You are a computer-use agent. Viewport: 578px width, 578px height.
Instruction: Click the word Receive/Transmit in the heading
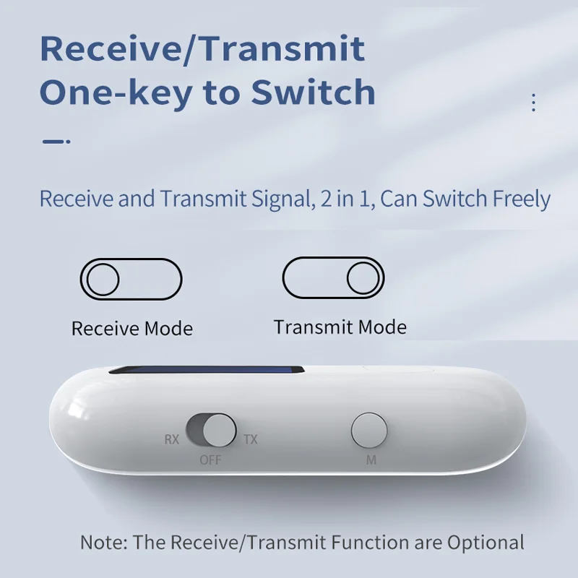coord(202,49)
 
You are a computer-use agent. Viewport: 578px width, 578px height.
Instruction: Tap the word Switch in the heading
coord(313,92)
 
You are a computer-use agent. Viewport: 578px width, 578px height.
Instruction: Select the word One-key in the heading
coord(116,94)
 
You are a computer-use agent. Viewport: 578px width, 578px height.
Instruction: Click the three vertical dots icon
coord(533,103)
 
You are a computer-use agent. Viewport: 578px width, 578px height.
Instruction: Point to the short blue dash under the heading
coord(56,141)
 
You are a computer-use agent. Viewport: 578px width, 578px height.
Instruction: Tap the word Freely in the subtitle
coord(522,200)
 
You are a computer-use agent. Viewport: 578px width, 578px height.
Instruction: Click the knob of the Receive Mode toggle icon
coord(103,280)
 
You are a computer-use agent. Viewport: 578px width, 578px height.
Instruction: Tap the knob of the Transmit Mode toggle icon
coord(363,278)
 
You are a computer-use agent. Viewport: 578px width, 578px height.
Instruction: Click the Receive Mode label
coord(132,329)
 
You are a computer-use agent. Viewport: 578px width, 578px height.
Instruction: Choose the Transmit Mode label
coord(340,327)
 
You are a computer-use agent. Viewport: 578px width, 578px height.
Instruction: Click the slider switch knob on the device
coord(220,430)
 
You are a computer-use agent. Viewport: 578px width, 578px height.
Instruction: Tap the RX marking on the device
coord(172,439)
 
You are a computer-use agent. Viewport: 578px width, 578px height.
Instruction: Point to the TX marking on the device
coord(250,439)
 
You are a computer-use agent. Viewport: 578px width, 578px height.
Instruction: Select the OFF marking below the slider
coord(210,460)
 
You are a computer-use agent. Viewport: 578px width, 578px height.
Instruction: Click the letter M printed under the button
coord(371,460)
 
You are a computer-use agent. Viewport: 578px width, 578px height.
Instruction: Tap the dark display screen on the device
coord(207,370)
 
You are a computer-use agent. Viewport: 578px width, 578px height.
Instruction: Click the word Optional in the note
coord(486,543)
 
